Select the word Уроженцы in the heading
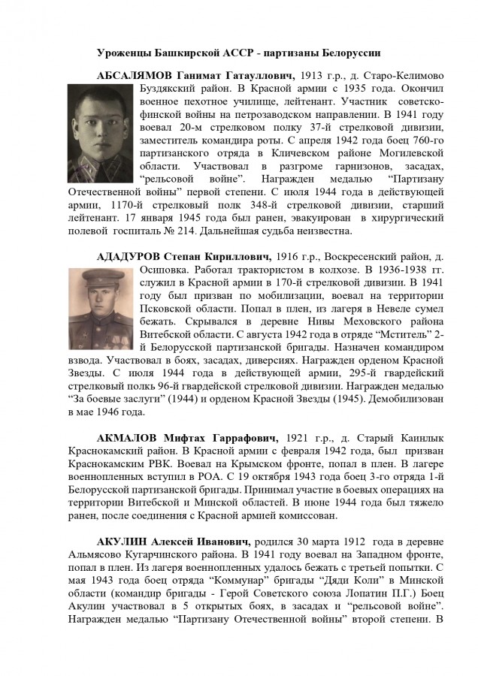[x=123, y=53]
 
